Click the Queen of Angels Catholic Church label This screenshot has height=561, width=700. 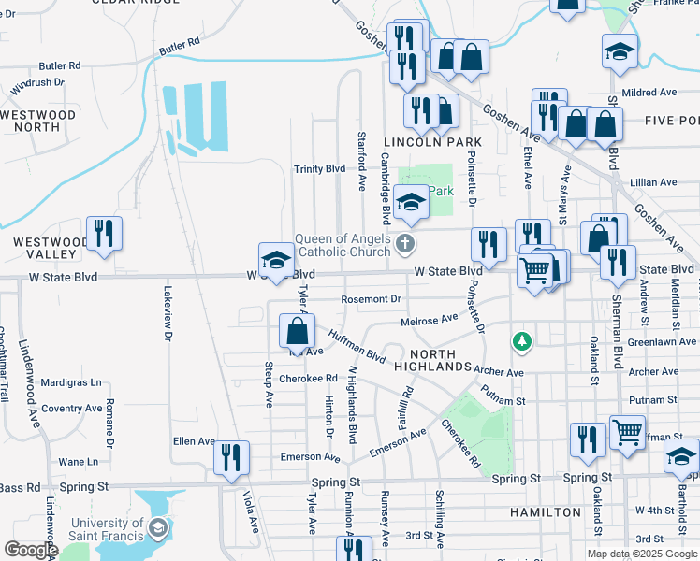343,245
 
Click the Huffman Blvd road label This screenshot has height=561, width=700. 357,349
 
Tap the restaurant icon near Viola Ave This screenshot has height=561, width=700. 231,458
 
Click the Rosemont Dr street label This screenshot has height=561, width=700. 372,299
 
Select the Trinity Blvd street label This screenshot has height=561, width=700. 320,169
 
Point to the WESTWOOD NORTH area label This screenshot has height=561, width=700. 37,121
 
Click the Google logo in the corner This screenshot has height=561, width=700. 31,550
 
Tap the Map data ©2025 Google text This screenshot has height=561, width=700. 641,553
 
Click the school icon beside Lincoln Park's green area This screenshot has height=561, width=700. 410,203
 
